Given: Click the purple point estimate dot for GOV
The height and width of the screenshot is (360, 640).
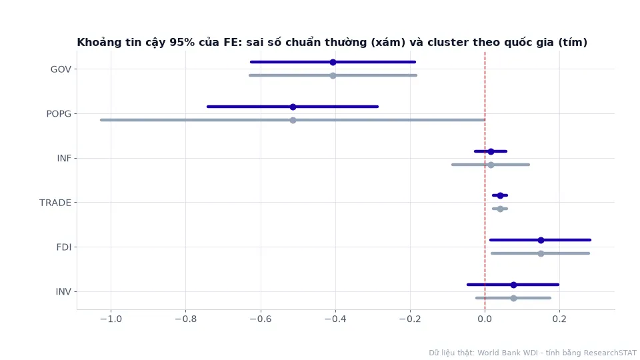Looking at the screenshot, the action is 333,62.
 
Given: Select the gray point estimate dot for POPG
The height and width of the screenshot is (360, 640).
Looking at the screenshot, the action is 293,120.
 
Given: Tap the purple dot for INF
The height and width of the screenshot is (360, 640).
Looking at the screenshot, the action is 491,151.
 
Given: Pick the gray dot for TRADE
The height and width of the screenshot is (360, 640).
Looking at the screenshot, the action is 500,209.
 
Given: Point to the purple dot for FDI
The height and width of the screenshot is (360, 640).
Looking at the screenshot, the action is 541,240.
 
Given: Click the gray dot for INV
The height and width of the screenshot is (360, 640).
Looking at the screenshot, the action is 513,298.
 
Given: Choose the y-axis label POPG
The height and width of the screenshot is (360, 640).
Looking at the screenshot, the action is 59,114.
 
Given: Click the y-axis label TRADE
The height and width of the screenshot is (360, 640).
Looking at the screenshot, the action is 55,203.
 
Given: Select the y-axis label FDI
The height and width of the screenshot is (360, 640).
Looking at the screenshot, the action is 64,247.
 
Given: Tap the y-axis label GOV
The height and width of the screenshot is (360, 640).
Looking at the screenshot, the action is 61,69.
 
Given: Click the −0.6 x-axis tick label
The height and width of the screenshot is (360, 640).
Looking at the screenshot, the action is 261,319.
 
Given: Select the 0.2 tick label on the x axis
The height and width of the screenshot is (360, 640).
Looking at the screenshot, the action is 559,319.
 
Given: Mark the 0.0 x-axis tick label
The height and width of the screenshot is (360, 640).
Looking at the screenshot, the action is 485,319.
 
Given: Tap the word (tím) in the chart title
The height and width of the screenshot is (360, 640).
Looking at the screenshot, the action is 573,43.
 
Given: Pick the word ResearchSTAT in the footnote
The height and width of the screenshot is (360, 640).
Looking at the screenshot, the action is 610,353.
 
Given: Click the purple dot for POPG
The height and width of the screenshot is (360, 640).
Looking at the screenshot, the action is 293,107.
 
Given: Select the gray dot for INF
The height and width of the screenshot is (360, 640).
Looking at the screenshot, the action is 491,165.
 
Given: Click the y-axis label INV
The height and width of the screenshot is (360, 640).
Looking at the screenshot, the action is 63,292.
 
